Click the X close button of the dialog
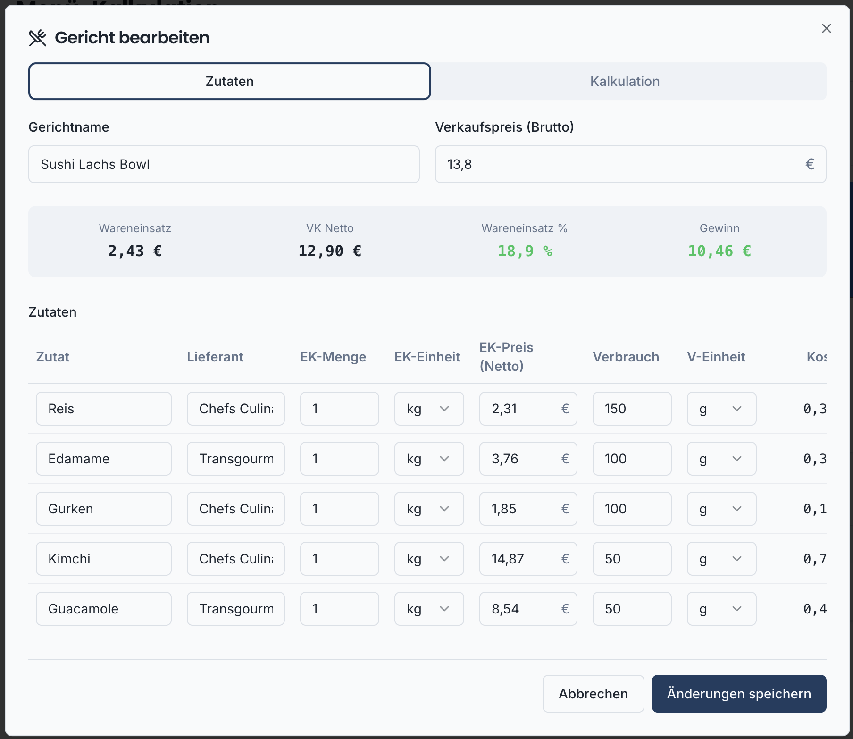click(826, 29)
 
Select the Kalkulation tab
click(624, 81)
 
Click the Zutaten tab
click(230, 81)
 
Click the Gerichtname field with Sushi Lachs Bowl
click(224, 164)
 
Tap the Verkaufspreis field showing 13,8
click(623, 164)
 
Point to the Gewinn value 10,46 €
click(719, 251)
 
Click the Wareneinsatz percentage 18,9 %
click(525, 251)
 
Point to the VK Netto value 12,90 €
click(330, 251)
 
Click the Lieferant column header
click(215, 357)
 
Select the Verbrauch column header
click(626, 357)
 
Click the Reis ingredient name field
click(103, 409)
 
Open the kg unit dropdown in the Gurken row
click(429, 509)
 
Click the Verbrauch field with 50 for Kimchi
click(632, 559)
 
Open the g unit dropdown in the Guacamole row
click(721, 609)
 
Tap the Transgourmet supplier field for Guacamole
click(235, 609)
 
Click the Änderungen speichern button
click(739, 694)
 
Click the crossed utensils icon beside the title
click(38, 38)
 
